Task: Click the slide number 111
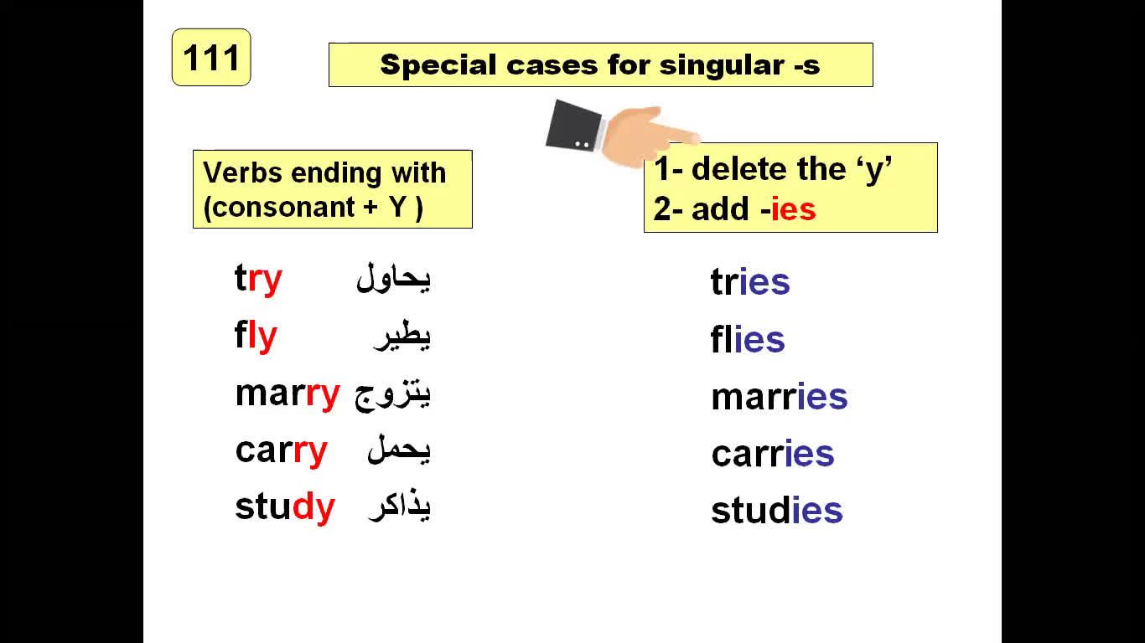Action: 211,57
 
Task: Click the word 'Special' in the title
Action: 438,65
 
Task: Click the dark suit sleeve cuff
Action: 573,126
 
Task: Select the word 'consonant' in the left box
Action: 278,208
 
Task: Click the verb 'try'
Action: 258,279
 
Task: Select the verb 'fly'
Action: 256,336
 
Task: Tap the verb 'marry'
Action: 288,395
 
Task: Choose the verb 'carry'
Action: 281,451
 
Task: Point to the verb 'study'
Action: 285,507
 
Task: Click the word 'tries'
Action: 750,281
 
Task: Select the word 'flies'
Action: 748,338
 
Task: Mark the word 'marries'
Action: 779,396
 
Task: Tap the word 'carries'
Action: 772,453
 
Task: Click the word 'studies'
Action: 776,510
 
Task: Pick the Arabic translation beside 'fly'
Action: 402,336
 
